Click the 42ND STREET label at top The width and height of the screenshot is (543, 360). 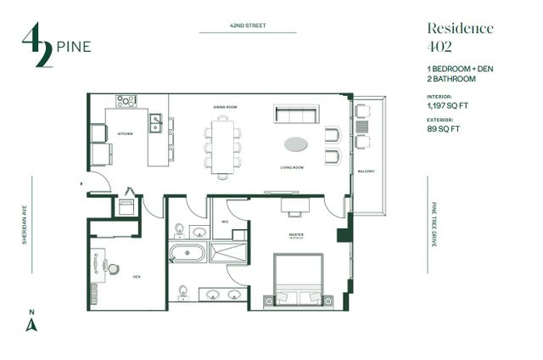pyautogui.click(x=248, y=26)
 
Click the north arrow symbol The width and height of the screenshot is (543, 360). pyautogui.click(x=31, y=323)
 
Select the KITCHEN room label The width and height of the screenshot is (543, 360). pyautogui.click(x=125, y=134)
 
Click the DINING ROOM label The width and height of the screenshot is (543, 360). pyautogui.click(x=224, y=107)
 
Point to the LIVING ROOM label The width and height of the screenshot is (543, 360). pyautogui.click(x=292, y=168)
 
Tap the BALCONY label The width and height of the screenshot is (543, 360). pyautogui.click(x=367, y=172)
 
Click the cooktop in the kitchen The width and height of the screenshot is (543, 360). pyautogui.click(x=126, y=101)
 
